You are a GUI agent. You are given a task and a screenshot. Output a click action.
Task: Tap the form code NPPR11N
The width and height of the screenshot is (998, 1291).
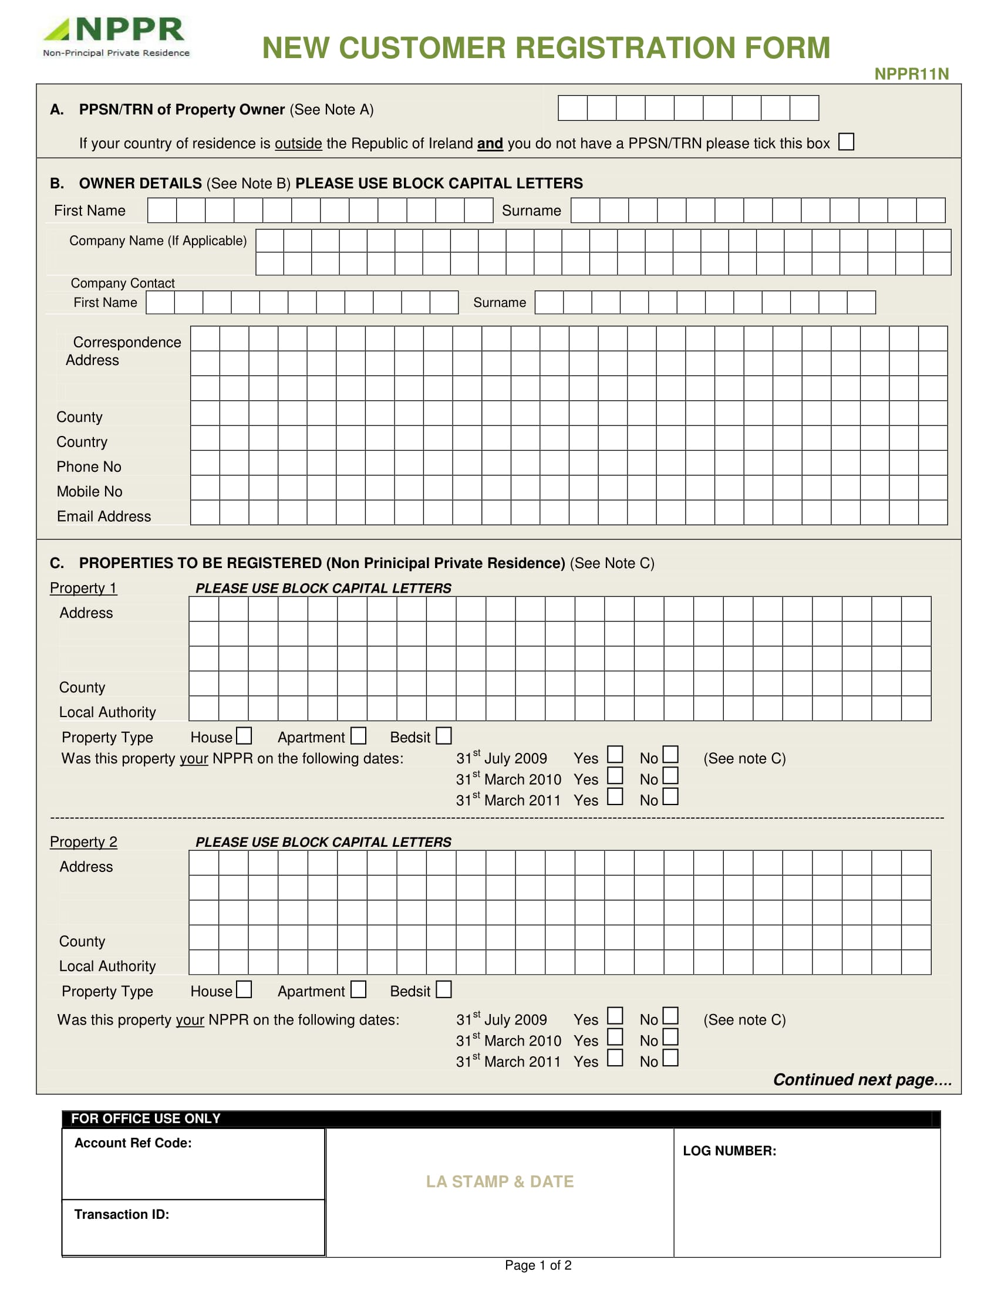click(x=911, y=74)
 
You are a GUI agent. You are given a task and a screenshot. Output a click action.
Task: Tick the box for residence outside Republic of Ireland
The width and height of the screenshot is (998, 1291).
click(x=846, y=142)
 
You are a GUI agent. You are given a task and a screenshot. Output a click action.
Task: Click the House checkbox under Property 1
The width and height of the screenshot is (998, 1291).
click(x=244, y=736)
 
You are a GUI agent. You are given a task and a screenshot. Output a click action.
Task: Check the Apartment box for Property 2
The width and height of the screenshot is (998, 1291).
click(x=358, y=989)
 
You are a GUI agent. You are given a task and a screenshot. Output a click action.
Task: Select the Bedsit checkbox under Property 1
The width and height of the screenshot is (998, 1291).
click(x=443, y=736)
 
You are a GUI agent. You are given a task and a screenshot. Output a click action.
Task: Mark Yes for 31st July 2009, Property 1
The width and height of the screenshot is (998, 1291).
click(x=615, y=754)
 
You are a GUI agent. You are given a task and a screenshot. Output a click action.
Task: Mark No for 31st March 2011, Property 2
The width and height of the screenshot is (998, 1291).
click(x=670, y=1057)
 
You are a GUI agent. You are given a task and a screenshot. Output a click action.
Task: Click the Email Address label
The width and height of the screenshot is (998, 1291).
click(x=103, y=516)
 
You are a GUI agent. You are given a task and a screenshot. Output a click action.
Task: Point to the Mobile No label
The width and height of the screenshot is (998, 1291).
click(x=89, y=492)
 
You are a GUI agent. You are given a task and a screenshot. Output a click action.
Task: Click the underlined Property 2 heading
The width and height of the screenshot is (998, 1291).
click(x=83, y=841)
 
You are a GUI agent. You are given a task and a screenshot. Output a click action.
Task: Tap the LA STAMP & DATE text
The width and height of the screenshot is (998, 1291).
click(x=500, y=1181)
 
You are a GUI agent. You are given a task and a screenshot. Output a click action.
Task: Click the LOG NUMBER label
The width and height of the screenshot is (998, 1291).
click(x=729, y=1150)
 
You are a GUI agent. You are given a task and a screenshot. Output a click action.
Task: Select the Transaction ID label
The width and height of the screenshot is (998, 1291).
click(x=121, y=1214)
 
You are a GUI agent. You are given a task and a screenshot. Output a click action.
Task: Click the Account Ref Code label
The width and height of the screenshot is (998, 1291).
click(x=133, y=1143)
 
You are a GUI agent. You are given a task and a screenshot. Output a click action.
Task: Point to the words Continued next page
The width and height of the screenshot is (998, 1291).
click(x=861, y=1079)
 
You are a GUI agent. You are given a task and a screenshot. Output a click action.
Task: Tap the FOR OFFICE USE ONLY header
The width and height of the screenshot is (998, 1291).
click(x=146, y=1118)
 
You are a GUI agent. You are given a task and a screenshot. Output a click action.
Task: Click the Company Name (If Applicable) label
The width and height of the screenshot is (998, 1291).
click(x=157, y=241)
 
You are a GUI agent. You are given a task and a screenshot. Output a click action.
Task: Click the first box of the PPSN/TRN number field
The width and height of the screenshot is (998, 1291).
click(x=572, y=108)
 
